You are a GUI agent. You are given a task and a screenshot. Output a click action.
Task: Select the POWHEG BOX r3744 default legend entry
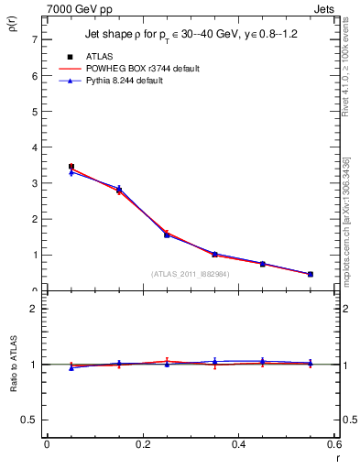(x=138, y=69)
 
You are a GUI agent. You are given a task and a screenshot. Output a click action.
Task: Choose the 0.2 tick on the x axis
(x=143, y=444)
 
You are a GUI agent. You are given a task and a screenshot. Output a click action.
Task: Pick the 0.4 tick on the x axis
(x=239, y=444)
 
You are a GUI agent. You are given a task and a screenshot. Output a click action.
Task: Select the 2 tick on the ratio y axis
(x=34, y=309)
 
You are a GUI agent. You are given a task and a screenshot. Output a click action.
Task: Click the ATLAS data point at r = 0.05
(x=71, y=167)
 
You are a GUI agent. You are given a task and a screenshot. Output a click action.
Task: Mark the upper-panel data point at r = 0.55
(x=311, y=274)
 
